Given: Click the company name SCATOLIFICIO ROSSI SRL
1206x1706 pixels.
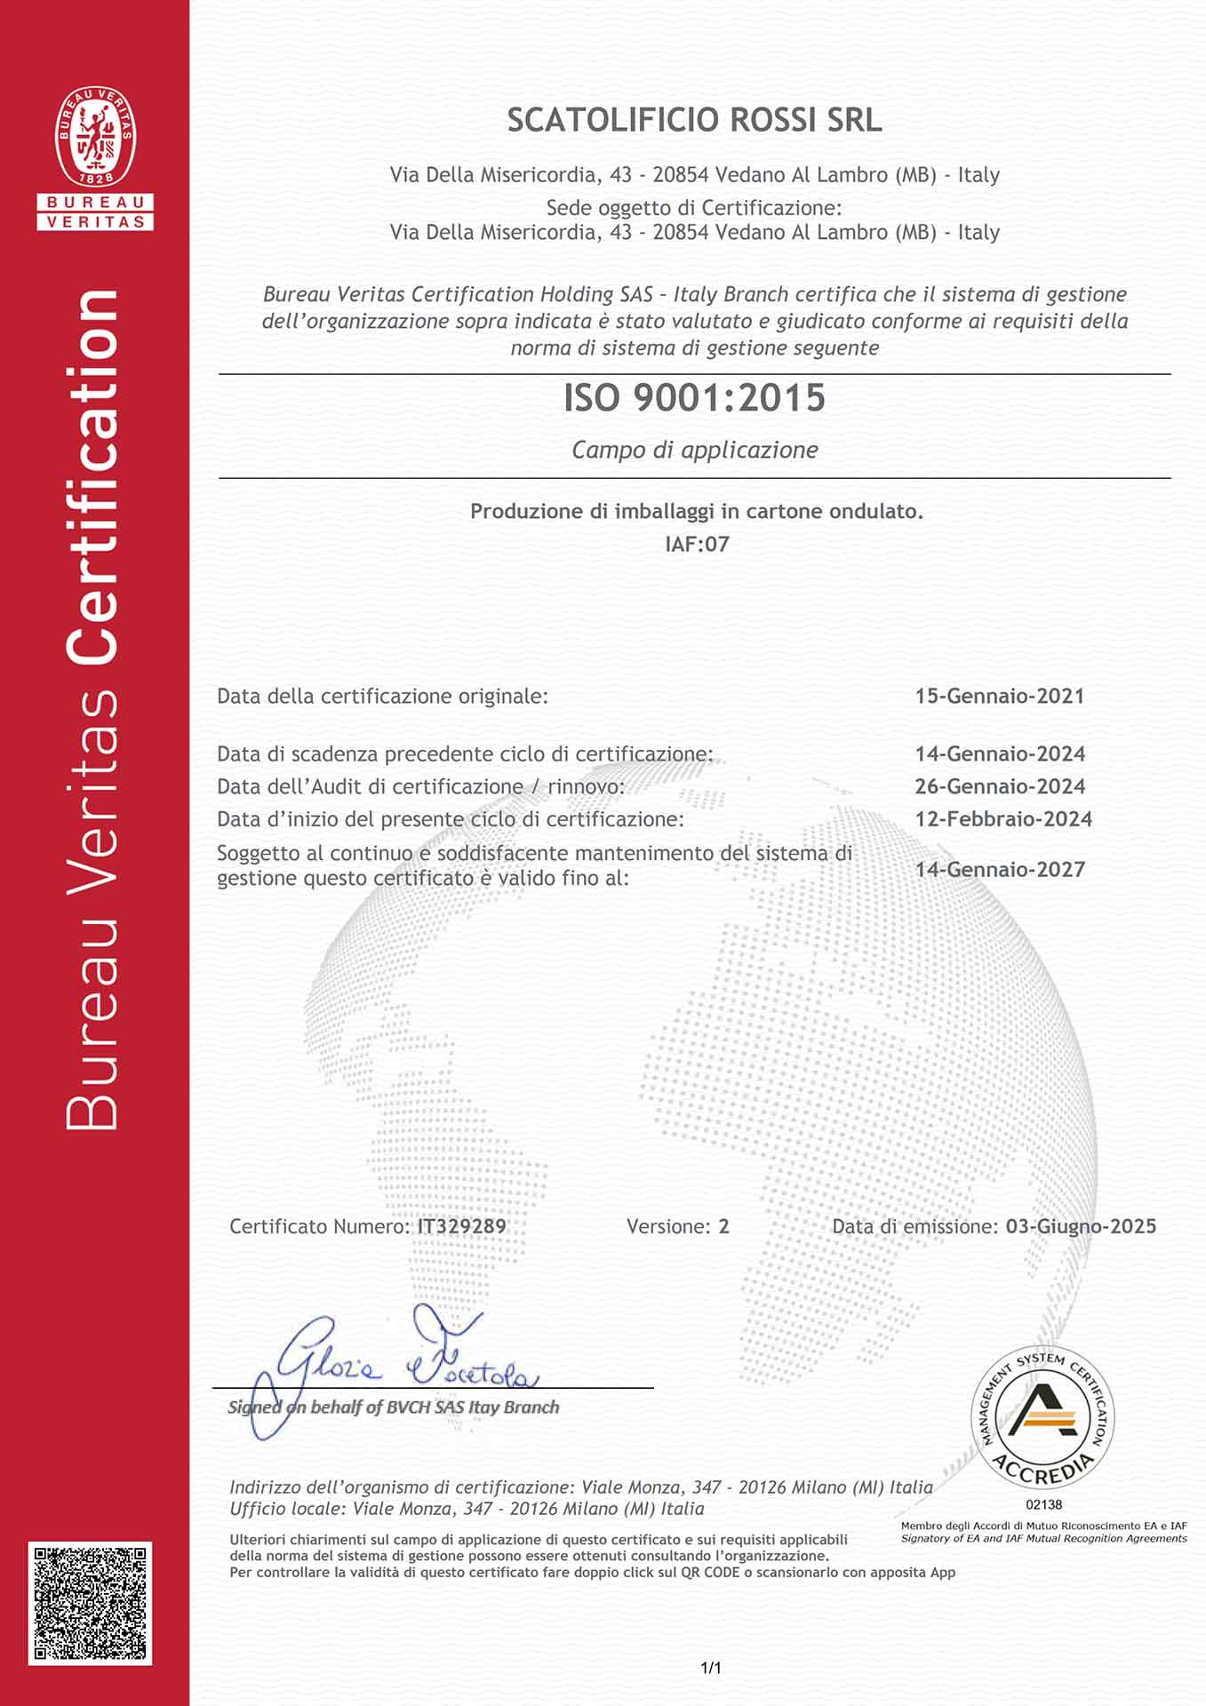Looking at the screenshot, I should (694, 120).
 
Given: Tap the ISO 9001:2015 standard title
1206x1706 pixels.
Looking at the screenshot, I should (694, 397).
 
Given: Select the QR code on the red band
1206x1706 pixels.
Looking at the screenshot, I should (90, 1604).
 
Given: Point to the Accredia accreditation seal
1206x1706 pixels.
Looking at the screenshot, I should (1042, 1417).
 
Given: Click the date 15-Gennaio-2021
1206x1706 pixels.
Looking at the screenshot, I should (1000, 696).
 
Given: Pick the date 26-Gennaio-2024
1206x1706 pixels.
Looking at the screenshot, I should (1000, 786).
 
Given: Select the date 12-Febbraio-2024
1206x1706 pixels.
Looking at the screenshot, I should (1003, 819).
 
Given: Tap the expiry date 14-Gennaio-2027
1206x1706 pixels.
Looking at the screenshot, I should (1000, 869).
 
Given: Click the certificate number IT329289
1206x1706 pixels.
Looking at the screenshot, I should (462, 1226).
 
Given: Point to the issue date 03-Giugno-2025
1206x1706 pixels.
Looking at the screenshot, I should (1081, 1226).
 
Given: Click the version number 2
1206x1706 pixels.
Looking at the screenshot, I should (724, 1226).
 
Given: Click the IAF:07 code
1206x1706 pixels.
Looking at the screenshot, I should (697, 544).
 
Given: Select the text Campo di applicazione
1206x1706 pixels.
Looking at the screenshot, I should (694, 450).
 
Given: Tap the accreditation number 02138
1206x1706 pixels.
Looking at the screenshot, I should (1043, 1504).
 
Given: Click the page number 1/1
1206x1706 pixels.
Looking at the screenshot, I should (711, 1668).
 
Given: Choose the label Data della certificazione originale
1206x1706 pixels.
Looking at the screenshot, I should (382, 696).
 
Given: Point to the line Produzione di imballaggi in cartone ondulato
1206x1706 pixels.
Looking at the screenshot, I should (696, 511).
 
